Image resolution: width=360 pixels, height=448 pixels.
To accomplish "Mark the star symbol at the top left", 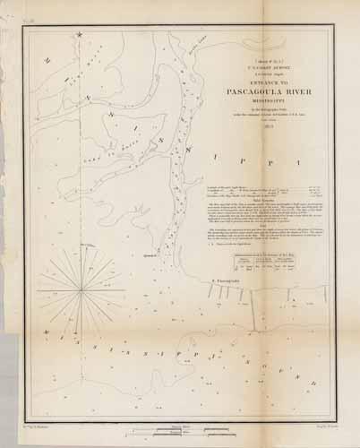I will coord(80,35).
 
